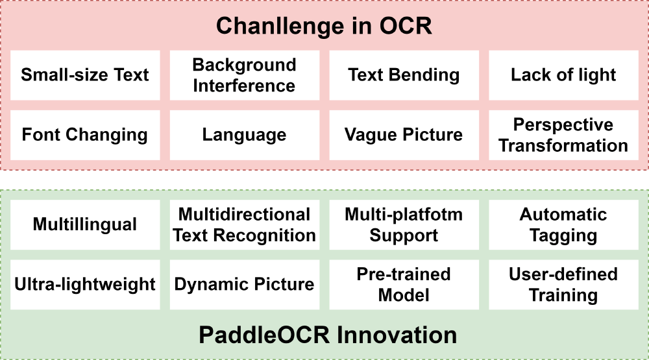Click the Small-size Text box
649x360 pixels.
tap(85, 75)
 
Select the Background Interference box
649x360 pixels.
tap(245, 75)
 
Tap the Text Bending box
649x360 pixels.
tap(404, 75)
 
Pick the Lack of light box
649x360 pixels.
tap(564, 75)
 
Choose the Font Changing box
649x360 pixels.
tap(85, 135)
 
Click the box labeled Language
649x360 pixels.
tap(245, 135)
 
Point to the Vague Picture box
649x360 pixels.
tap(404, 135)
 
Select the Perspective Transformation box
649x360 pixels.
tap(564, 135)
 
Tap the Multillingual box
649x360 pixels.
tap(85, 224)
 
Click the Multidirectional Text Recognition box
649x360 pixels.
tap(245, 224)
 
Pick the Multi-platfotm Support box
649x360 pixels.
tap(404, 224)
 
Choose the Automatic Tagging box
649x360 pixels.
tap(564, 224)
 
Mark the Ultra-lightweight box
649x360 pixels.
tap(85, 285)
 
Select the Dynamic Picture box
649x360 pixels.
tap(245, 285)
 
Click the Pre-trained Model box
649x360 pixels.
tap(404, 285)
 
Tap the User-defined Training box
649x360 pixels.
tap(564, 285)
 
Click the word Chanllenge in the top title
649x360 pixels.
tap(280, 27)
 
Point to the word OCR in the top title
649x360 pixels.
tap(406, 26)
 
